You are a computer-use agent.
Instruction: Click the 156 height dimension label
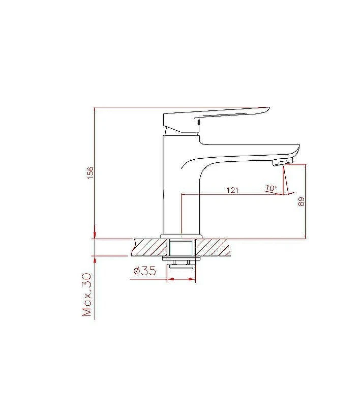tap(89, 172)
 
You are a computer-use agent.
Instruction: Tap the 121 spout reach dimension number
tap(232, 190)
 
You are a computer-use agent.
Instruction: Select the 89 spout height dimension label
tap(301, 201)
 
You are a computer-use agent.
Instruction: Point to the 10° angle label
tap(271, 188)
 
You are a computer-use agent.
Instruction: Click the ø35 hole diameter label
tap(145, 271)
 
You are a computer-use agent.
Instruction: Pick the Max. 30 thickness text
tap(87, 295)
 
